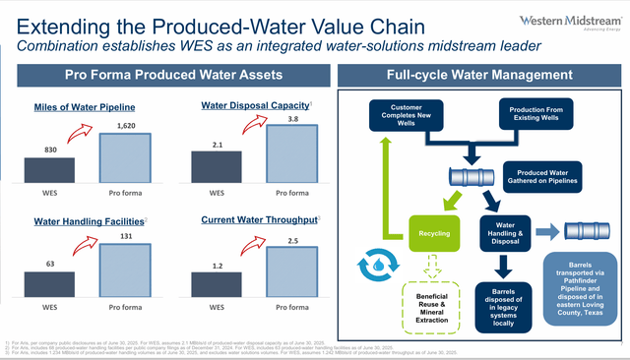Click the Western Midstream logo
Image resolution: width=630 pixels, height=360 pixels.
[x=569, y=22]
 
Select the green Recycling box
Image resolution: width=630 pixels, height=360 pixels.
[x=436, y=233]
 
